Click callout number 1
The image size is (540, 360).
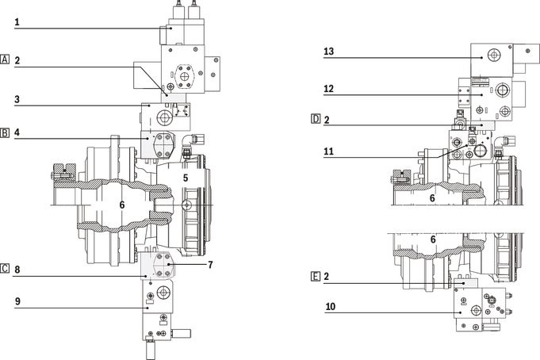click(x=17, y=22)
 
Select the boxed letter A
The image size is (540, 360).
click(x=5, y=59)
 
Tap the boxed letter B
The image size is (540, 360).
click(x=5, y=132)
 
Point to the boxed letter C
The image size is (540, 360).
click(x=5, y=268)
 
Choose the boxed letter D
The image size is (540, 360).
click(x=316, y=119)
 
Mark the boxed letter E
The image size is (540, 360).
click(x=316, y=276)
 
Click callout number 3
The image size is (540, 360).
click(x=17, y=100)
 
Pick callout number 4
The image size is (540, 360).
click(x=17, y=132)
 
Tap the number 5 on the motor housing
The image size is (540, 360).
click(x=186, y=178)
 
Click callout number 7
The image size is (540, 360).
click(x=210, y=265)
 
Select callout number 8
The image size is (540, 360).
click(x=17, y=270)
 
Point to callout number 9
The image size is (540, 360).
click(x=17, y=301)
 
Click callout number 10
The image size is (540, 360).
click(x=331, y=306)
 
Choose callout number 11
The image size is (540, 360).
click(x=328, y=151)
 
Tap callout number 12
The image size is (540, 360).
click(x=328, y=89)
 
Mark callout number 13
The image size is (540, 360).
click(x=328, y=52)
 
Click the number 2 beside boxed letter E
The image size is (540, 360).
click(x=327, y=276)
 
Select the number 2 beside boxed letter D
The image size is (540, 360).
click(x=327, y=120)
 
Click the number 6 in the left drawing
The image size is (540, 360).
click(x=122, y=205)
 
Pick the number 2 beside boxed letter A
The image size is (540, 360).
click(x=17, y=60)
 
